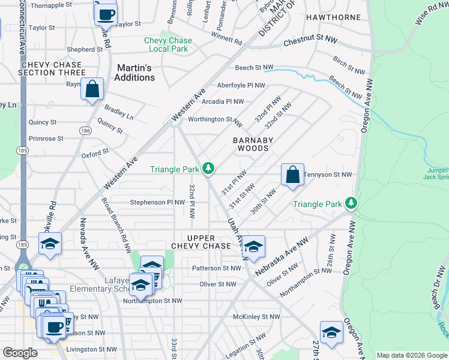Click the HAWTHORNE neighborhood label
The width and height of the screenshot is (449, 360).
pos(333,17)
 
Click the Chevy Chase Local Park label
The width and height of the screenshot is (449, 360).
pos(168,44)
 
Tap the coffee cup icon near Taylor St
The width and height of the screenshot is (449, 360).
pos(106,13)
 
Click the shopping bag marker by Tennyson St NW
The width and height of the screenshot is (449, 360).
pos(292,175)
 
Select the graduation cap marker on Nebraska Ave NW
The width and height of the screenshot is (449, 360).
pos(253,247)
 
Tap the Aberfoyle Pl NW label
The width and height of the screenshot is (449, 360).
pos(241,86)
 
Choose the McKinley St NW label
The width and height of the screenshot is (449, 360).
pos(256,316)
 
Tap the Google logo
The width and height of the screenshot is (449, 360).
pos(20,353)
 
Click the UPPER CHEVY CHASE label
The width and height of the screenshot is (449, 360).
pos(200,242)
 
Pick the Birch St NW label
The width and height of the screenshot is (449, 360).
pos(349,65)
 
